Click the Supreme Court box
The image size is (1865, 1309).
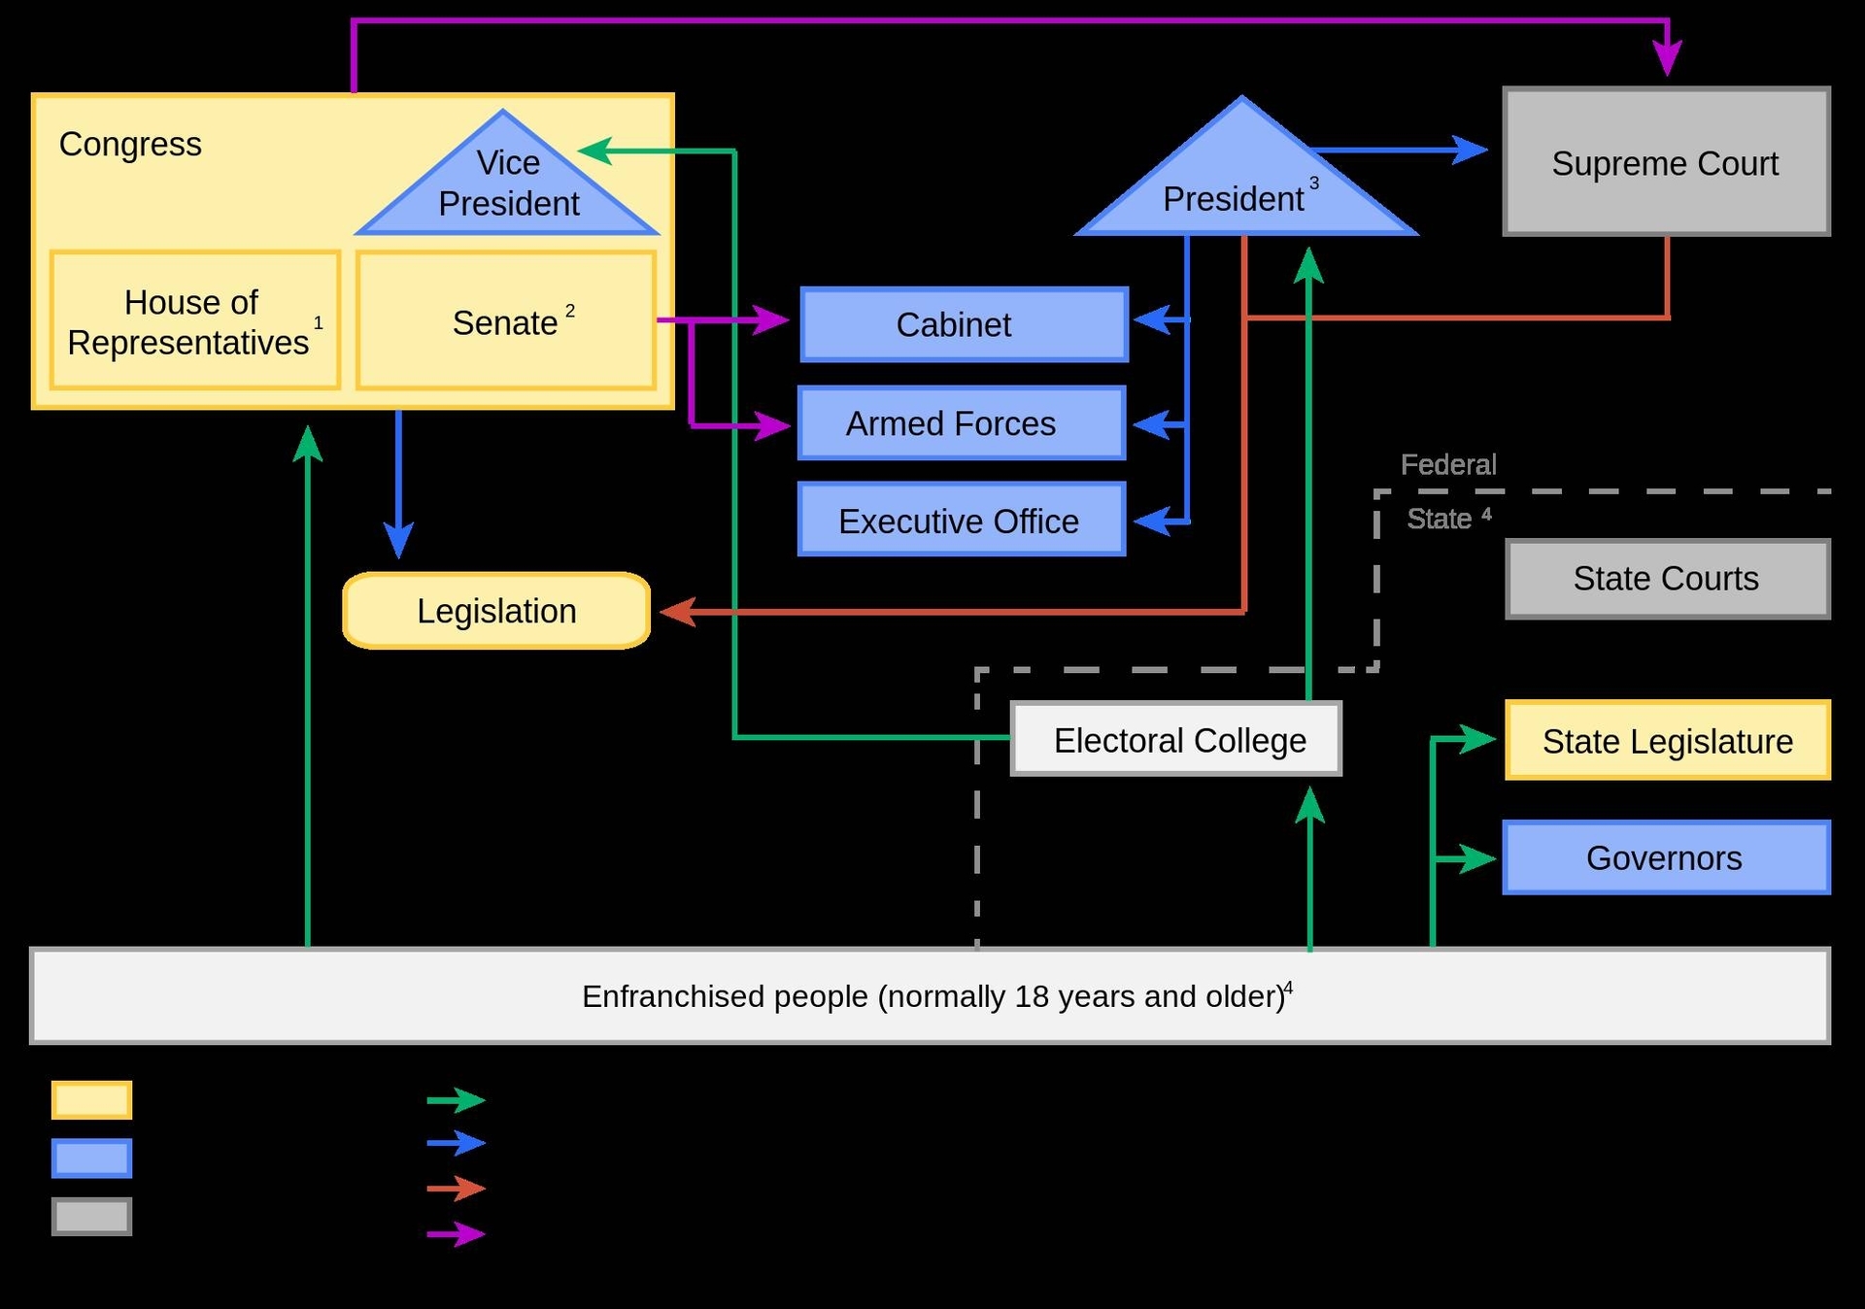coord(1666,162)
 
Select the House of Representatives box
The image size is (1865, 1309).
coord(194,320)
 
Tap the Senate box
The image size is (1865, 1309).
coord(505,321)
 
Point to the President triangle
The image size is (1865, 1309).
coord(1243,189)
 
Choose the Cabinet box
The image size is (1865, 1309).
coord(964,324)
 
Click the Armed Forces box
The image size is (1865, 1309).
coord(962,423)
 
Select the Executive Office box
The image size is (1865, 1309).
coord(962,520)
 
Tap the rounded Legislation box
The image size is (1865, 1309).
coord(496,611)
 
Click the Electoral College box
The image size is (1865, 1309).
coord(1176,739)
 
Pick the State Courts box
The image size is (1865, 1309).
coord(1667,579)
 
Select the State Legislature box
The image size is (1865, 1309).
coord(1667,741)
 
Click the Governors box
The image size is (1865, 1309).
coord(1666,857)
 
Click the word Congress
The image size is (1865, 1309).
coord(130,144)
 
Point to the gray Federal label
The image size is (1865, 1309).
coord(1447,464)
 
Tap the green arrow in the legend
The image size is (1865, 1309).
coord(457,1099)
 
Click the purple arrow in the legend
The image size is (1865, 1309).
coord(457,1233)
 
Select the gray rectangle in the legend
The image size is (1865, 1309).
coord(91,1216)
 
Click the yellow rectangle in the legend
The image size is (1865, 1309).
coord(91,1099)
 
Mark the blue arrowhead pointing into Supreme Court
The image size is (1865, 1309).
coord(1471,150)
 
